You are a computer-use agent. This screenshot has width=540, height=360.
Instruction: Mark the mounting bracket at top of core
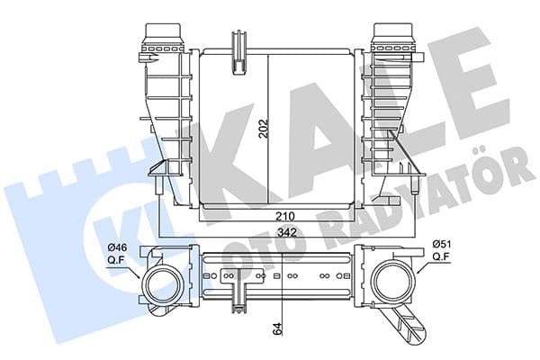click(x=240, y=49)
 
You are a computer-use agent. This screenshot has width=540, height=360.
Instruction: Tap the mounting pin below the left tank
click(x=158, y=184)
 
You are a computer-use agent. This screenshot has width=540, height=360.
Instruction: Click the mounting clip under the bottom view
click(x=240, y=301)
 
